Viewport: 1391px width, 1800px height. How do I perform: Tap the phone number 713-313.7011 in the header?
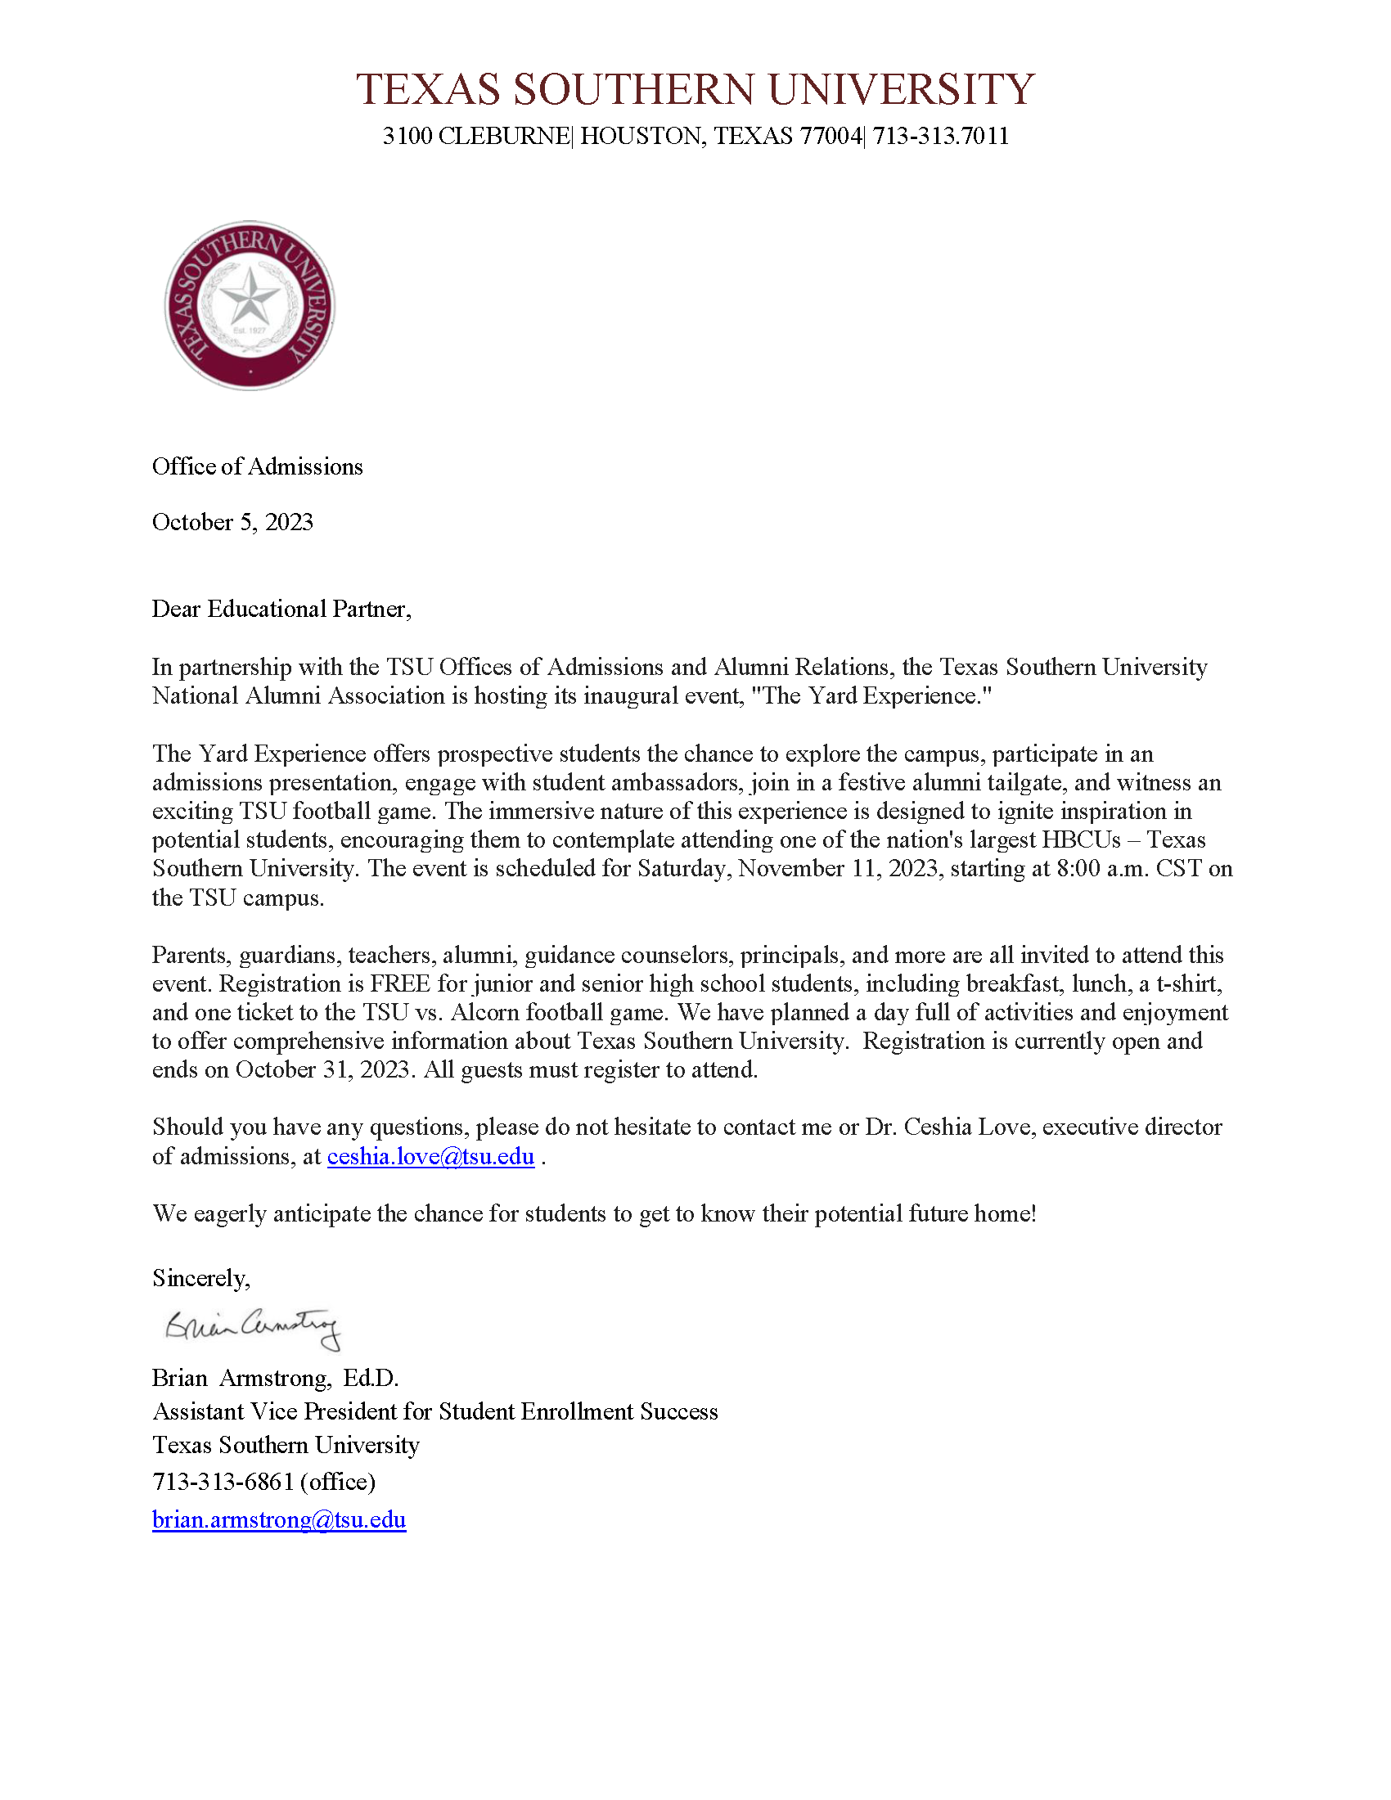pos(940,136)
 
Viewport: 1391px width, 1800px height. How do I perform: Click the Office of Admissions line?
pos(257,466)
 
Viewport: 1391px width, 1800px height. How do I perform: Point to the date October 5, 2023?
pos(232,522)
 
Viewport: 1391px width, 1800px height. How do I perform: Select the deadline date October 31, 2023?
pos(322,1070)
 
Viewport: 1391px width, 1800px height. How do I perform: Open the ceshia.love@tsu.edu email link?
pos(430,1156)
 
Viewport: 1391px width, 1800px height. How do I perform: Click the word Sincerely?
pos(201,1277)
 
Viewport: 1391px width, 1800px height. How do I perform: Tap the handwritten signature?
pos(252,1327)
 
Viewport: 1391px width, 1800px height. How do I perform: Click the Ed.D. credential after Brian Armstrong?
pos(371,1378)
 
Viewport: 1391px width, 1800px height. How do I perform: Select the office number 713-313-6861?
pos(223,1482)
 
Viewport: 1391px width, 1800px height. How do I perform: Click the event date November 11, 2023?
pos(839,869)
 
